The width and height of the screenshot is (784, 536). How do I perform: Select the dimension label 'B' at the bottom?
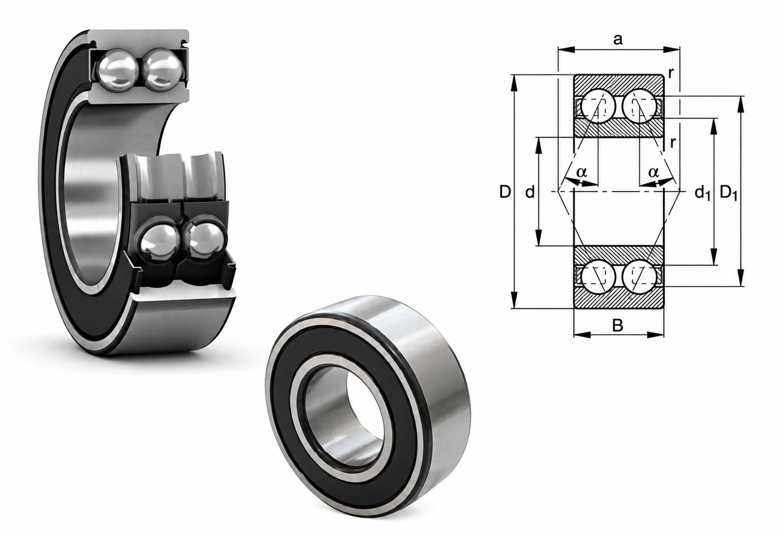[x=618, y=326]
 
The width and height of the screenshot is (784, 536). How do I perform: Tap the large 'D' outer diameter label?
[x=505, y=192]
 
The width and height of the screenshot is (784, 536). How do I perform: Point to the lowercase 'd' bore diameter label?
[x=530, y=192]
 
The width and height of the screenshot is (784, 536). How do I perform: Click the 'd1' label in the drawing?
[x=702, y=193]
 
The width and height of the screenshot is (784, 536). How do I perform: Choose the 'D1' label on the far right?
[x=729, y=193]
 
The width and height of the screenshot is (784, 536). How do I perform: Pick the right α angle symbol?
[x=653, y=172]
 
